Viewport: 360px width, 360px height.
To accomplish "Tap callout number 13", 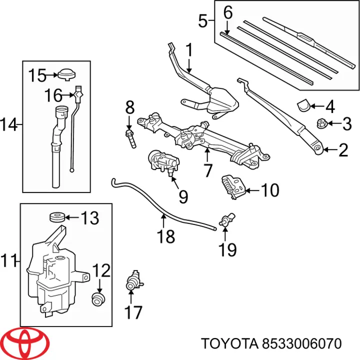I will coord(90,218).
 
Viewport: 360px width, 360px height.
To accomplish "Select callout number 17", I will coord(133,313).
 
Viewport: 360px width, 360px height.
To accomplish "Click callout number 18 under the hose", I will coord(166,236).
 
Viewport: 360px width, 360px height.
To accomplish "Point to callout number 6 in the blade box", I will coord(228,12).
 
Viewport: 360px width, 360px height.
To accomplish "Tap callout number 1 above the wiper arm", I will coord(189,49).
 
